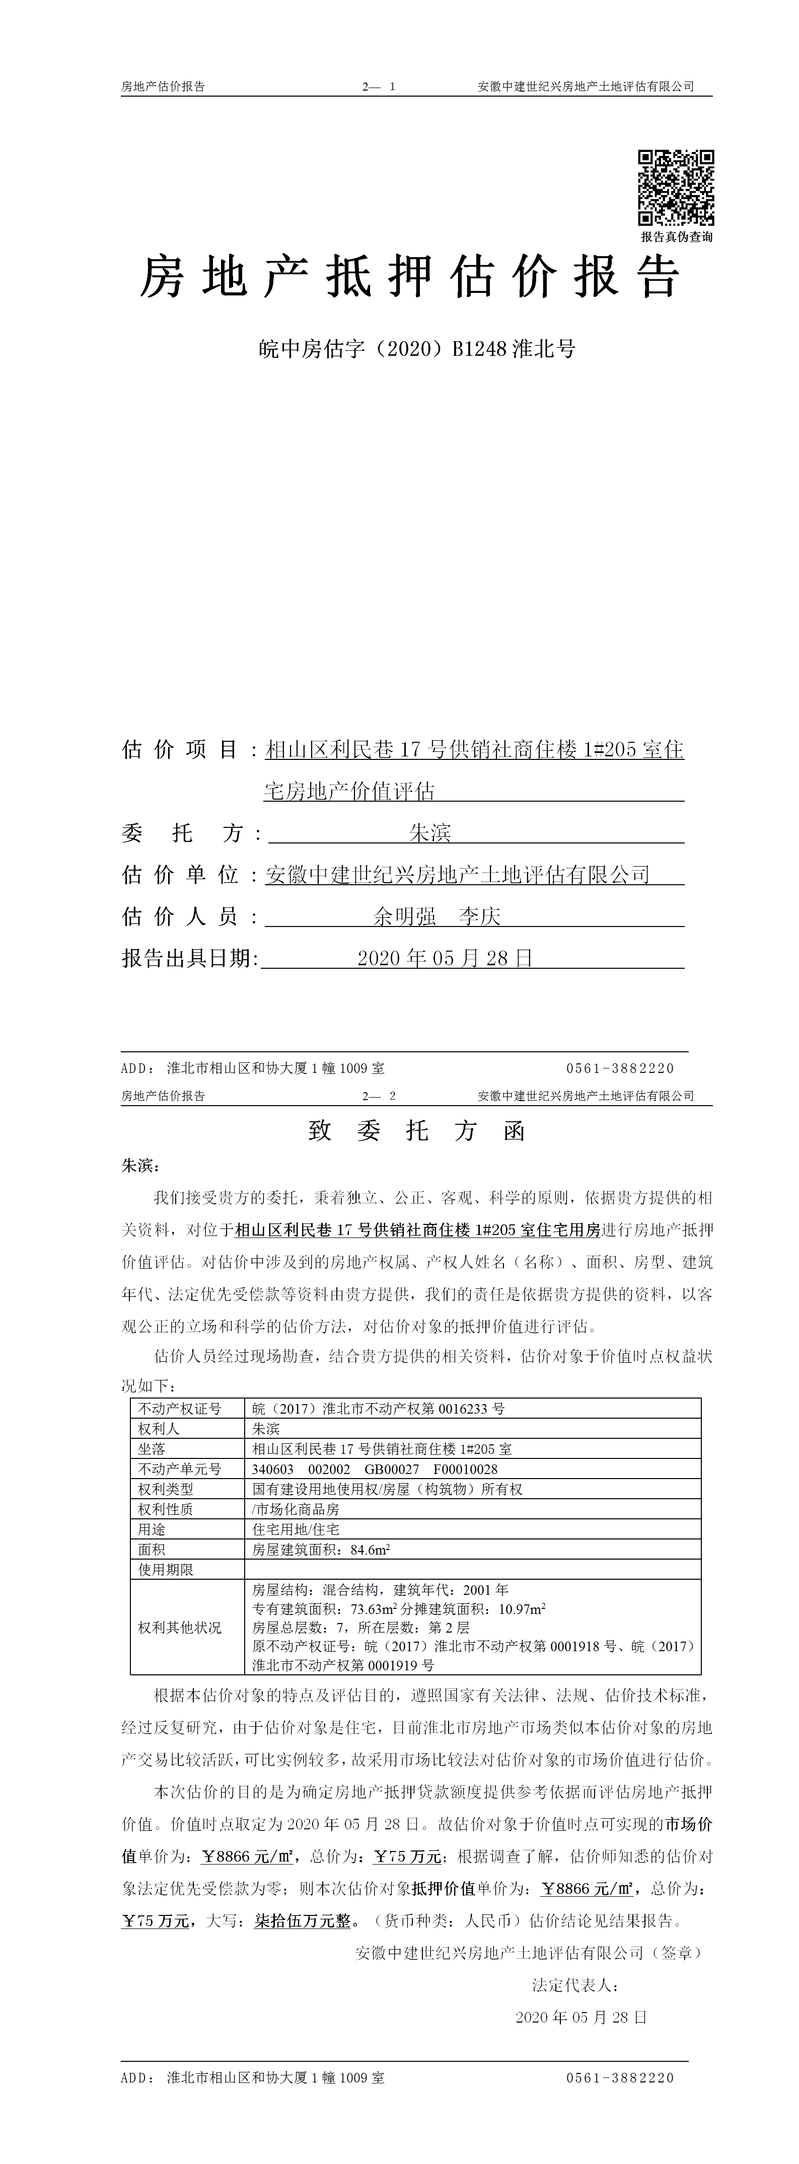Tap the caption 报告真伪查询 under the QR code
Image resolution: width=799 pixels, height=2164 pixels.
click(676, 237)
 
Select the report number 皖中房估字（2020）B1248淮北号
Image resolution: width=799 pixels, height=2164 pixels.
click(417, 349)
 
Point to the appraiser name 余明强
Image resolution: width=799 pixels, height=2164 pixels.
click(405, 916)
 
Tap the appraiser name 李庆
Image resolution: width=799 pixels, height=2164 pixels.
click(480, 916)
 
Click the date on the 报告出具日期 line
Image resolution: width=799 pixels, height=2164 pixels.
click(445, 959)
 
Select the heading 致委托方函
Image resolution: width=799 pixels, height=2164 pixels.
click(417, 1131)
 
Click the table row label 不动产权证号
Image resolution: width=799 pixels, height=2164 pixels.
click(180, 1409)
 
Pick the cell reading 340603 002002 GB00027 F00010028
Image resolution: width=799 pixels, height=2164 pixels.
click(375, 1470)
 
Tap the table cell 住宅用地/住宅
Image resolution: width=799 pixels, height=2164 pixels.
click(296, 1530)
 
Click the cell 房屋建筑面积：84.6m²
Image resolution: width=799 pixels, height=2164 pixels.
click(321, 1550)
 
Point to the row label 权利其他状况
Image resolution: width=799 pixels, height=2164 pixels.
click(180, 1628)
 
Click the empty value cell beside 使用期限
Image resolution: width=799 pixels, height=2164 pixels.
click(472, 1570)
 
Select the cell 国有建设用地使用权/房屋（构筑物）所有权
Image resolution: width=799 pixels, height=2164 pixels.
click(387, 1490)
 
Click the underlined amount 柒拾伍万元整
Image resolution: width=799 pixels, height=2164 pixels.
click(303, 1921)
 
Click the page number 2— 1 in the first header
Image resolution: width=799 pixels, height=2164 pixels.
click(379, 87)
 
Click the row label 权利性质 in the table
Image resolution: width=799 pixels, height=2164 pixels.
click(166, 1510)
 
